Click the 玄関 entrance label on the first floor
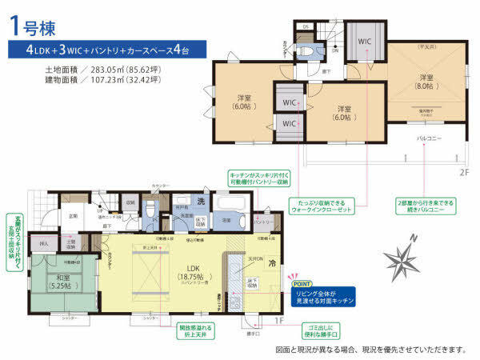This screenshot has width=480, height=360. (72, 215)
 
